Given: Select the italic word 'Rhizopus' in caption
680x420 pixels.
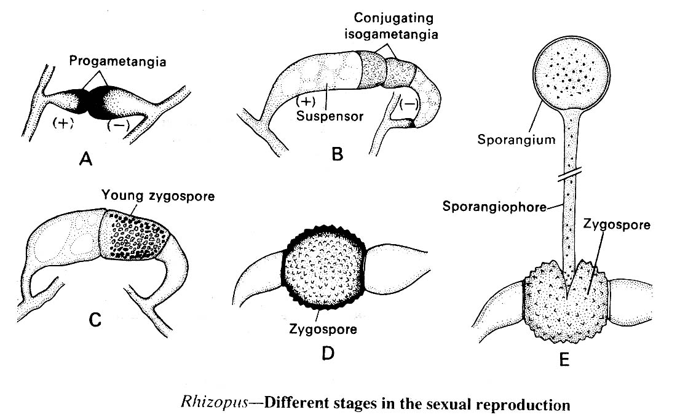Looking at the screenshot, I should [204, 405].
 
